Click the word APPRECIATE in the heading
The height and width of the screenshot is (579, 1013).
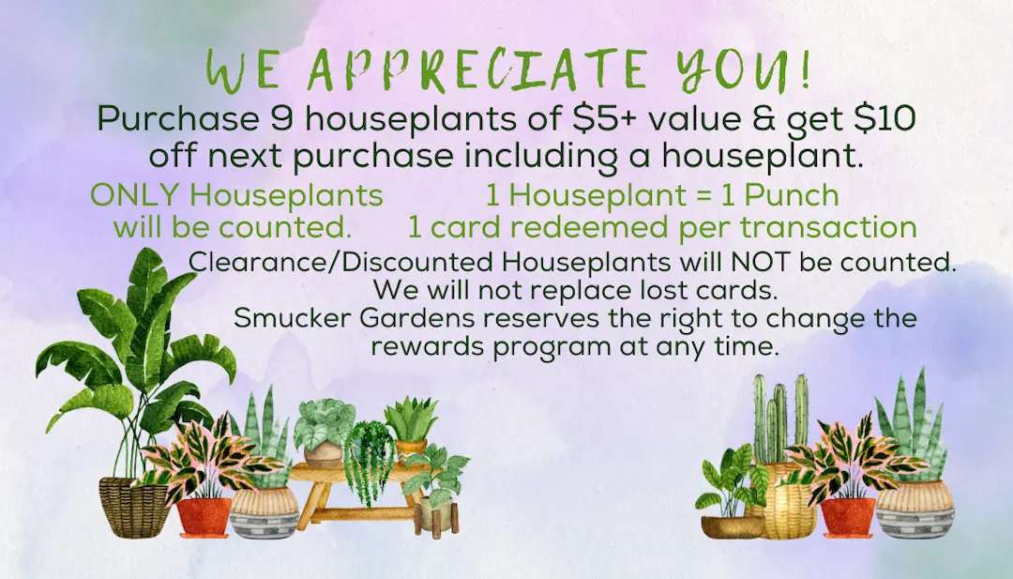476,69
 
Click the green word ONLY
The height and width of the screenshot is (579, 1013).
135,195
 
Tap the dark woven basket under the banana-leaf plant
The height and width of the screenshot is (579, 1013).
134,508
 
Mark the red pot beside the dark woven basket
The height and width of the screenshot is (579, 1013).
204,517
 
